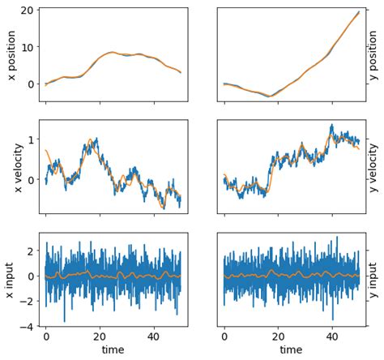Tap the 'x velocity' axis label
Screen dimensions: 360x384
pos(11,167)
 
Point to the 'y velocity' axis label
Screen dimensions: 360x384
pos(373,167)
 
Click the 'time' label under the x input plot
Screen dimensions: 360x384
pos(113,350)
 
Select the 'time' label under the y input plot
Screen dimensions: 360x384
pos(291,350)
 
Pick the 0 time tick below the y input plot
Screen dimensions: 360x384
pos(224,336)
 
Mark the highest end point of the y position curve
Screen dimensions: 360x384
pos(359,12)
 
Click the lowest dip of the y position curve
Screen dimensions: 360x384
pos(271,96)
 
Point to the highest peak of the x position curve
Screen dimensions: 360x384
pos(113,52)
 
